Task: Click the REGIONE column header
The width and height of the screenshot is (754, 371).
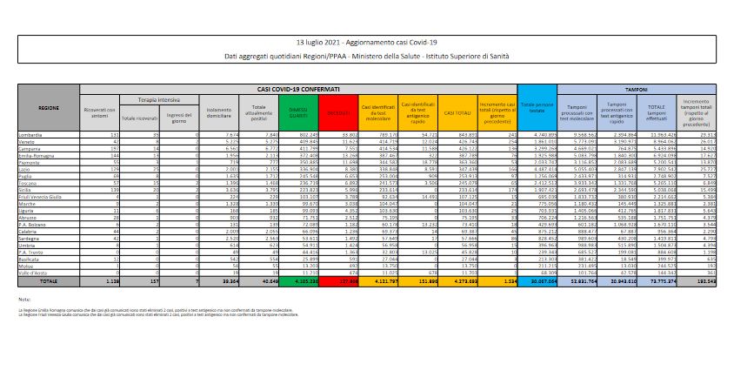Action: coord(49,107)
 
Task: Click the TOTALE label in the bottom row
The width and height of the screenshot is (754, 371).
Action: coord(49,281)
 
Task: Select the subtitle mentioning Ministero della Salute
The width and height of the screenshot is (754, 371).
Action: coord(377,56)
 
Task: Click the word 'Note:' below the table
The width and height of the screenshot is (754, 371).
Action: coord(23,299)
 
